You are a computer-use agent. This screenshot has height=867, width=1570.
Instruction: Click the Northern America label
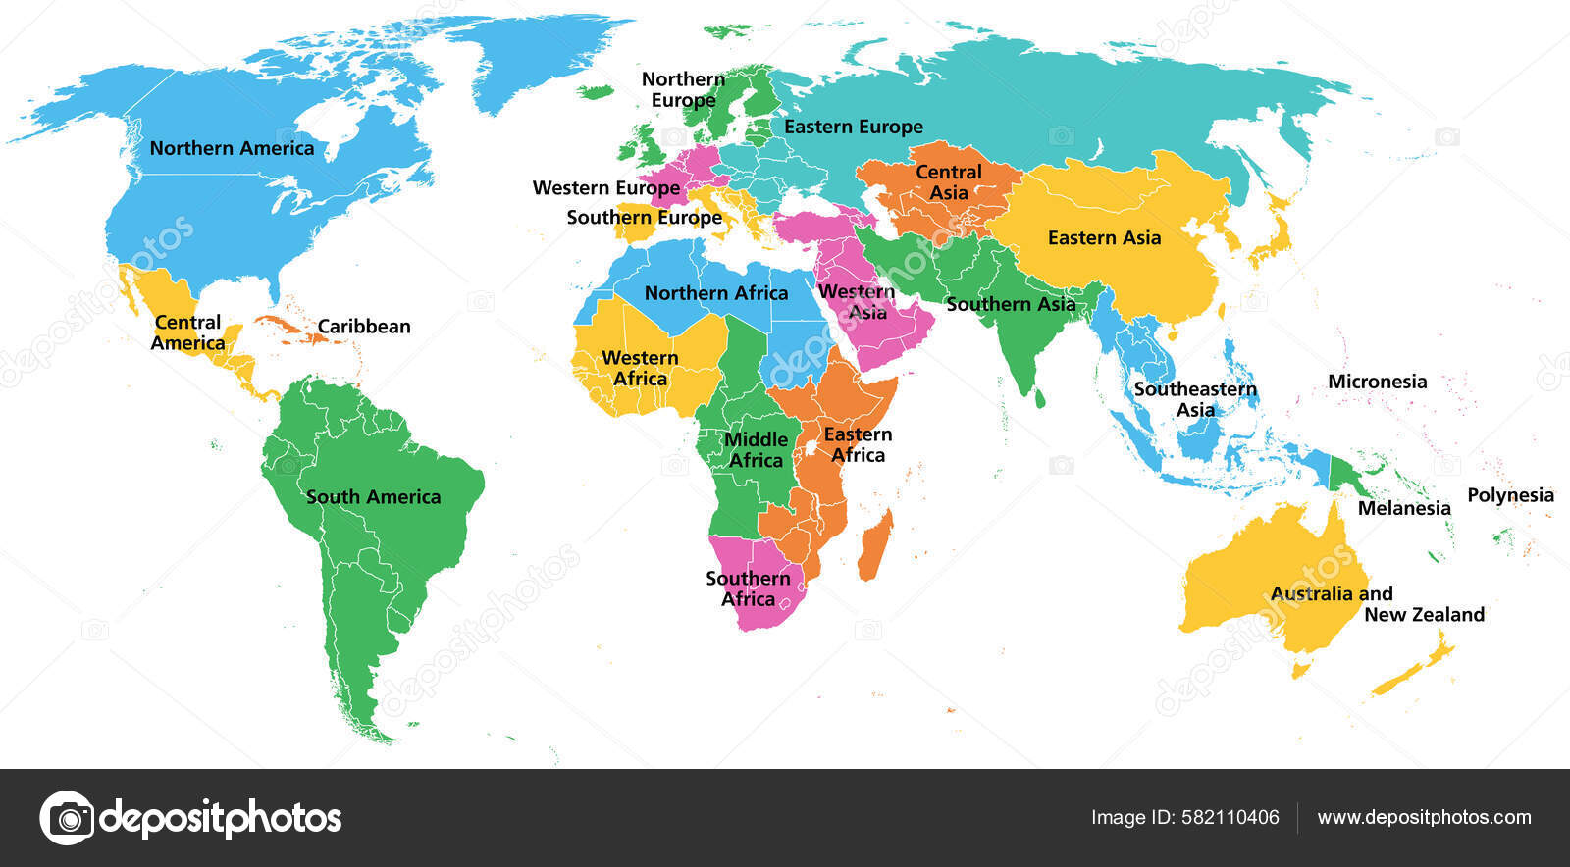232,148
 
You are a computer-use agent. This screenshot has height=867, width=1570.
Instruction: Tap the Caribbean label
363,327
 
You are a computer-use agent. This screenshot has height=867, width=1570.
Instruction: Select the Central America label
187,332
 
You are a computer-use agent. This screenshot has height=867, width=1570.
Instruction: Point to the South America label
373,497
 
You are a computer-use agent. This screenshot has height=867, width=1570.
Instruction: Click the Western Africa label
640,368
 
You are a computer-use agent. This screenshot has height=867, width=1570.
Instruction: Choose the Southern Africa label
748,588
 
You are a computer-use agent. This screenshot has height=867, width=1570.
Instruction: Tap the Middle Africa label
756,449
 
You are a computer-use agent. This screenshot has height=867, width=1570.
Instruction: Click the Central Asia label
948,182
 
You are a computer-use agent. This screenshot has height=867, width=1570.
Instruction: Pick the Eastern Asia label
1104,238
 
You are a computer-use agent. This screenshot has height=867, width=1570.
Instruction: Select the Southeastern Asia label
1195,399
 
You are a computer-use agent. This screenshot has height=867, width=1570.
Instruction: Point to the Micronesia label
1377,382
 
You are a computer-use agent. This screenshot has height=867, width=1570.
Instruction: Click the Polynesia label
1510,495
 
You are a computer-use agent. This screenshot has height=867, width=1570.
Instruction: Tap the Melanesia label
1403,508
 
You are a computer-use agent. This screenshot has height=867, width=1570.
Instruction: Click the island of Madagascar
875,545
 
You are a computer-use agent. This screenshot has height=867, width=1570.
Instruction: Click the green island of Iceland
595,92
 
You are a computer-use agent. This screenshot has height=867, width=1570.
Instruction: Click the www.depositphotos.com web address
1424,817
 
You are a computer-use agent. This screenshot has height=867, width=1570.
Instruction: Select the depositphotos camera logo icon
67,817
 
